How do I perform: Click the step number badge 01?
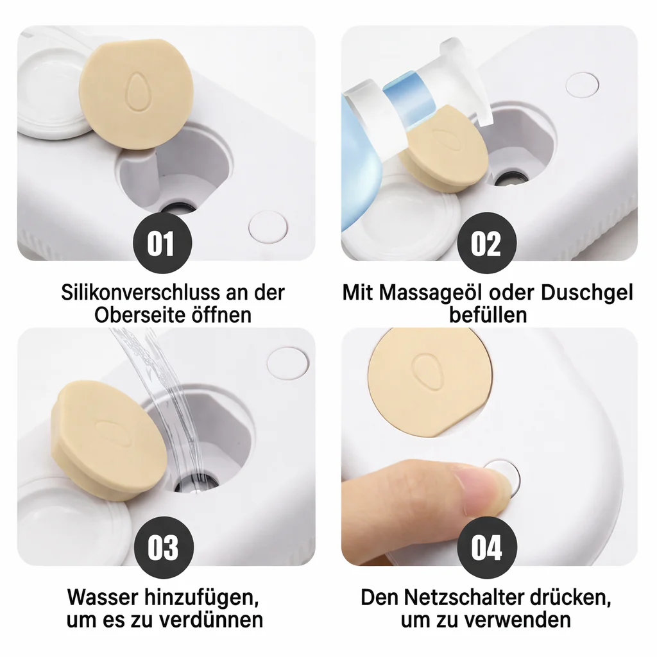click(x=162, y=243)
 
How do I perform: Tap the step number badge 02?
click(x=486, y=243)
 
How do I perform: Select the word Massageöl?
click(x=436, y=293)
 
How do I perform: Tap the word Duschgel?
click(x=586, y=293)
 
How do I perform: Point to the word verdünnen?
click(x=204, y=619)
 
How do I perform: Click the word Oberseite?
click(x=140, y=314)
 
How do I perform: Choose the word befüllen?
click(x=488, y=314)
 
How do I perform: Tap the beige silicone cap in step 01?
click(x=136, y=94)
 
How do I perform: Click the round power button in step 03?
click(x=288, y=363)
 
